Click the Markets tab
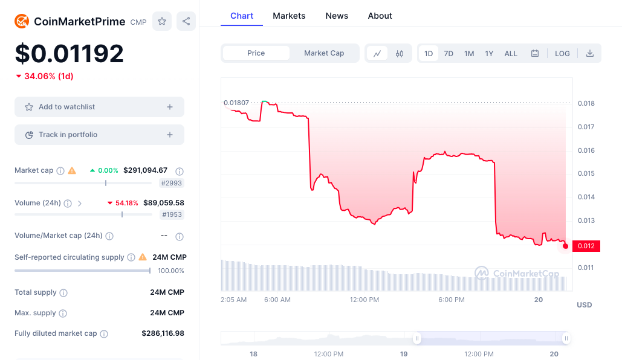(x=289, y=16)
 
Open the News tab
(x=337, y=16)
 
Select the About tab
(x=380, y=16)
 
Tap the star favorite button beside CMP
(x=162, y=21)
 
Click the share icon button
(x=186, y=21)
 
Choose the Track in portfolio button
(x=99, y=135)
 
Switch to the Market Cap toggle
(x=324, y=53)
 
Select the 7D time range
(x=449, y=53)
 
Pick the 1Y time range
(x=489, y=53)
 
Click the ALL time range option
(x=511, y=53)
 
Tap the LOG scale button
(x=562, y=53)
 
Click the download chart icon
(x=590, y=53)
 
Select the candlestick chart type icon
(x=400, y=53)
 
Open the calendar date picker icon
(x=535, y=53)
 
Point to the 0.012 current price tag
(x=586, y=246)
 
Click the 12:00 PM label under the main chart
(x=364, y=300)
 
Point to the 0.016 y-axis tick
(x=586, y=150)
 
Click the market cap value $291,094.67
(x=145, y=170)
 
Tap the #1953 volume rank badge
(x=172, y=214)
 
